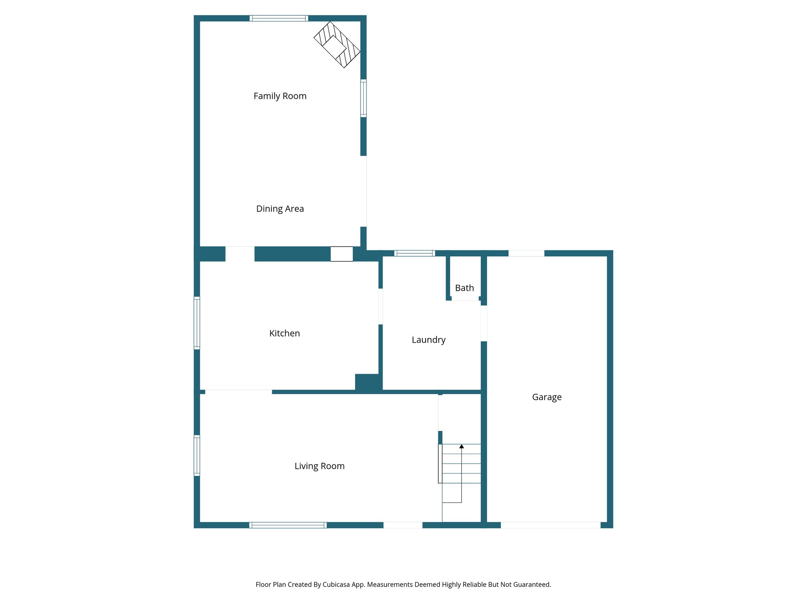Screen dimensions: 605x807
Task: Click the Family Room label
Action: coord(280,96)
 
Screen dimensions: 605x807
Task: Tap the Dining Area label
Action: coord(280,209)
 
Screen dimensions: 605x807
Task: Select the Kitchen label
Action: coord(284,334)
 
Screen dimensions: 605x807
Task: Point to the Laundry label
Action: coord(428,340)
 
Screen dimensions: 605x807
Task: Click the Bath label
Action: coord(464,288)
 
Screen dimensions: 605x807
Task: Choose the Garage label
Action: coord(547,397)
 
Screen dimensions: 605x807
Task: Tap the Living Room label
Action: coord(319,466)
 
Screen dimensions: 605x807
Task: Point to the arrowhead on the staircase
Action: coord(461,446)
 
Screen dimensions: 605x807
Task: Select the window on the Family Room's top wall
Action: coord(279,18)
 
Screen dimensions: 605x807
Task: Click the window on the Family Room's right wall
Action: coord(363,98)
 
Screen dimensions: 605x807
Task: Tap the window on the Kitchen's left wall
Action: coord(197,323)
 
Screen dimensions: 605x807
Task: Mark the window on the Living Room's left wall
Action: coord(197,455)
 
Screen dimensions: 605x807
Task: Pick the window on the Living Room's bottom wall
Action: coord(288,525)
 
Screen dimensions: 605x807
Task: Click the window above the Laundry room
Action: coord(415,253)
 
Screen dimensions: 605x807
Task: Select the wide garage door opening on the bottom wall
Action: coord(550,525)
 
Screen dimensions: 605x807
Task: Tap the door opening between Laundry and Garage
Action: coord(484,323)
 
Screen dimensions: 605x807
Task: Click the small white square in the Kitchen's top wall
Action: coord(341,254)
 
